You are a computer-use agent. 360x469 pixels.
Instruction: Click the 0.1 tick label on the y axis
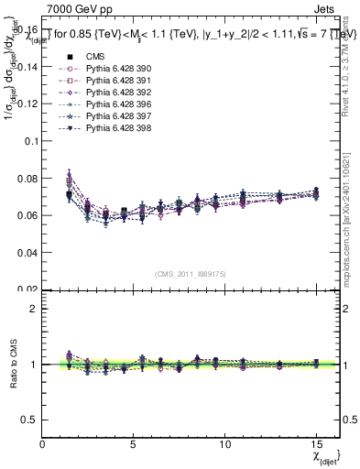tap(31, 141)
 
